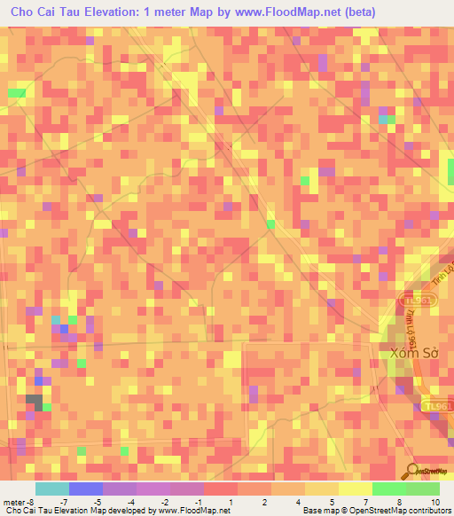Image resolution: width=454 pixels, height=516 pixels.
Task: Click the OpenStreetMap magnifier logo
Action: pos(413,472)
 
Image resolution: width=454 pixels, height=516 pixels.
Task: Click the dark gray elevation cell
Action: pos(34,401)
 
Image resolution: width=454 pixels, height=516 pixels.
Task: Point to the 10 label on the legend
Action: pos(434,501)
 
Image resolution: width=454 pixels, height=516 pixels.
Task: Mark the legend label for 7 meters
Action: pos(366,501)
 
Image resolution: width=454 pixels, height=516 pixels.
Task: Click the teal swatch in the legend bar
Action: pos(51,489)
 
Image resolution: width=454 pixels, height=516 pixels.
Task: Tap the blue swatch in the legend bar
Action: pos(85,489)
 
